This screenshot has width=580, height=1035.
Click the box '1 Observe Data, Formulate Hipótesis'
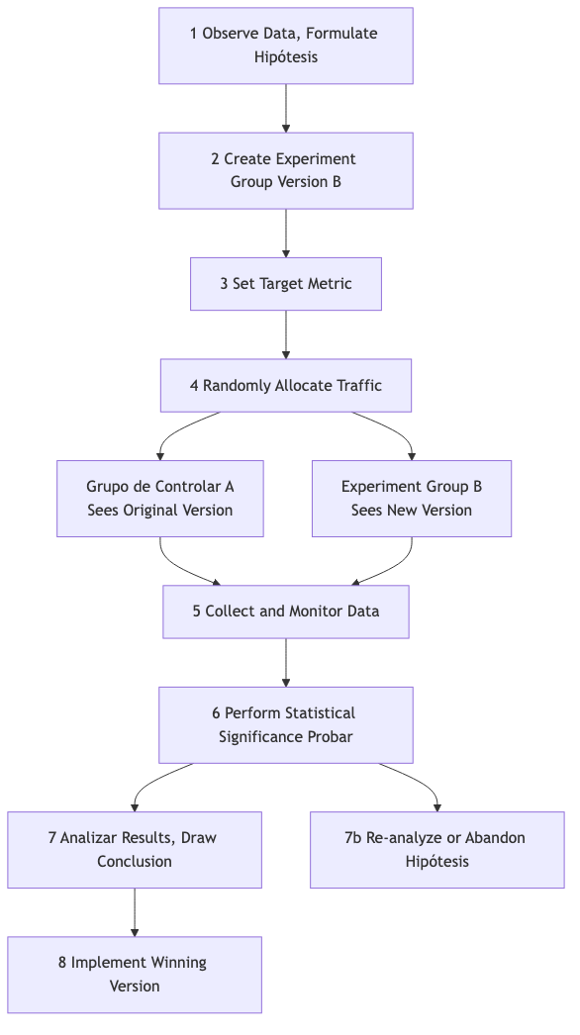[x=285, y=46]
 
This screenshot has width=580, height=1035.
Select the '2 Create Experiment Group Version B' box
[x=285, y=170]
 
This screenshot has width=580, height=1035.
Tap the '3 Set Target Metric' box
[x=285, y=284]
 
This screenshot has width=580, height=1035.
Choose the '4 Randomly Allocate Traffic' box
[x=285, y=385]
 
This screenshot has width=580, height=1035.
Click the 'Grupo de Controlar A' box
[x=159, y=499]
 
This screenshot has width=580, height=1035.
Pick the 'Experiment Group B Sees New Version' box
[x=411, y=499]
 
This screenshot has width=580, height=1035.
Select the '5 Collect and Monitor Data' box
[x=285, y=612]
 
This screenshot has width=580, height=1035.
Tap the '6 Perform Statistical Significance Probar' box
[x=285, y=725]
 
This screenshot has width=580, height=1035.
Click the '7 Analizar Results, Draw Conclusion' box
[x=134, y=850]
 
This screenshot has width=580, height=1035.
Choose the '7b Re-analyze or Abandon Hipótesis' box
[x=435, y=850]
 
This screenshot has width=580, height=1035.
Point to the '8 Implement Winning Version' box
[x=134, y=975]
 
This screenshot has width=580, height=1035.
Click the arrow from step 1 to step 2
[x=285, y=108]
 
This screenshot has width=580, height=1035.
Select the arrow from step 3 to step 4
[x=285, y=334]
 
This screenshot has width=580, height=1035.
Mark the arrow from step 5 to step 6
[x=285, y=662]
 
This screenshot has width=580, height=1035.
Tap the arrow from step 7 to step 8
[x=134, y=912]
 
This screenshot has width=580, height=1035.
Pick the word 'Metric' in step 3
[x=328, y=284]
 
